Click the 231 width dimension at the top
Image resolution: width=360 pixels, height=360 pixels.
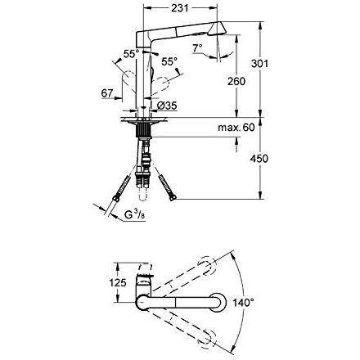point(180,8)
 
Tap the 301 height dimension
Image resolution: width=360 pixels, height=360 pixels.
point(259,64)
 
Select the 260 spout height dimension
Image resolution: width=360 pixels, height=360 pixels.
point(236,81)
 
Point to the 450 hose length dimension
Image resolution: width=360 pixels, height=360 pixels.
point(259,158)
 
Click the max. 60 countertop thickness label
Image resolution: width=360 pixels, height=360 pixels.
point(236,127)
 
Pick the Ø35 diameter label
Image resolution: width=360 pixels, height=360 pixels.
point(167,105)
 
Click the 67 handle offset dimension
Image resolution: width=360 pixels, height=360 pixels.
point(107,93)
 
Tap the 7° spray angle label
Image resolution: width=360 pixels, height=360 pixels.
point(197,48)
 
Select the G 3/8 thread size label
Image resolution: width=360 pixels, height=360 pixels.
point(135,215)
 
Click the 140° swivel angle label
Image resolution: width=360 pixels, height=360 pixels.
point(243,302)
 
